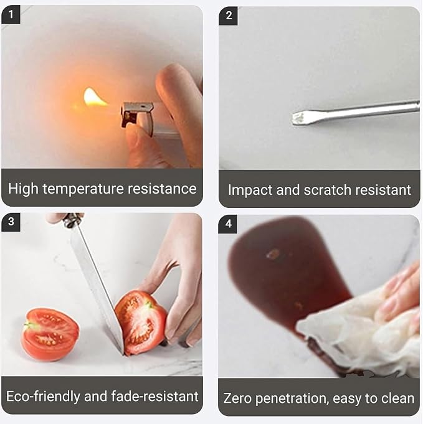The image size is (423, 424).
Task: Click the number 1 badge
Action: tap(11, 14)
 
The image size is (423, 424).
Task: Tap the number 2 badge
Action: tap(229, 16)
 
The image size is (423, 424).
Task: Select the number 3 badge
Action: tap(11, 222)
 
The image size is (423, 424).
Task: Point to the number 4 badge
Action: tap(228, 224)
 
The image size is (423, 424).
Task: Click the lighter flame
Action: tap(93, 98)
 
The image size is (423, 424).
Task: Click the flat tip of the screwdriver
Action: tap(298, 118)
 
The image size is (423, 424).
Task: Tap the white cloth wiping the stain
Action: tap(357, 332)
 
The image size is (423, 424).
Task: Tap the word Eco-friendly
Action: tap(44, 397)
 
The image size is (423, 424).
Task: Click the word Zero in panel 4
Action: tap(237, 398)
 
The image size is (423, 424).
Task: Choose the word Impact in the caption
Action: tap(250, 190)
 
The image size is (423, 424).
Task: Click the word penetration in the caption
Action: tap(292, 398)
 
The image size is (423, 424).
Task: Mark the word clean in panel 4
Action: tap(397, 398)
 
